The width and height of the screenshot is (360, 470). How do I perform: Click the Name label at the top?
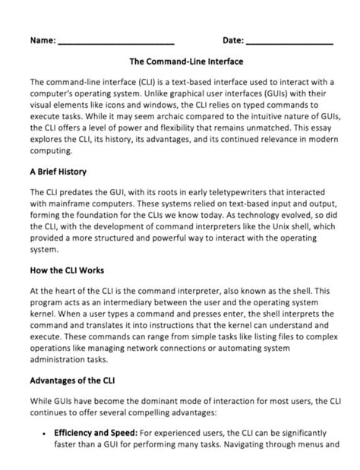pyautogui.click(x=43, y=39)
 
